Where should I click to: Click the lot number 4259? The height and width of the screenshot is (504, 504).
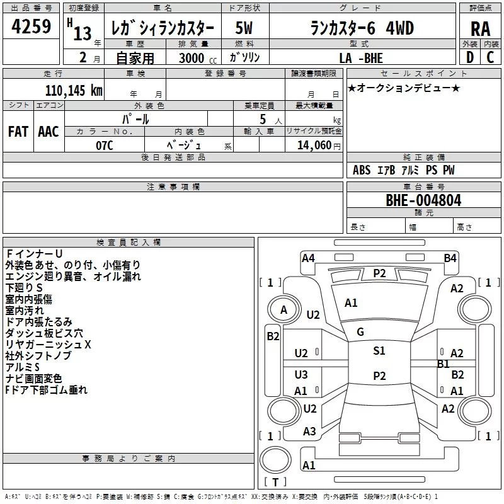click(31, 26)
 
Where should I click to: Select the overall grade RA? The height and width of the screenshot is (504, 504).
click(480, 29)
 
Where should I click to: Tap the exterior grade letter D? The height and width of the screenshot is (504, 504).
click(470, 57)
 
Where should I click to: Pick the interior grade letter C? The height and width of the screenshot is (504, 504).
click(490, 57)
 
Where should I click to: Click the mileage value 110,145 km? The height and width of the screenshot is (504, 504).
click(74, 91)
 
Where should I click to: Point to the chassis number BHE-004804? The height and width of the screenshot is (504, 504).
click(423, 200)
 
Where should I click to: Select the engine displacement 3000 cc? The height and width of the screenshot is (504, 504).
click(198, 58)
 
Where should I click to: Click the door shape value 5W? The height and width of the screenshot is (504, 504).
click(244, 28)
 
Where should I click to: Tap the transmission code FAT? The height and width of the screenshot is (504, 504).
click(18, 132)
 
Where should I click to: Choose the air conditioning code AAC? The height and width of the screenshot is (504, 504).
click(49, 132)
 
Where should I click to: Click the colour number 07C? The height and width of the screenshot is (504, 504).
click(105, 146)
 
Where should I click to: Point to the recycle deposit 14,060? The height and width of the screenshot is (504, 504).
click(314, 146)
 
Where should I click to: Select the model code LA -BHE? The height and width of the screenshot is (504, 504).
click(361, 58)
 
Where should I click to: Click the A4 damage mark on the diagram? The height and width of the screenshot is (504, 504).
click(308, 258)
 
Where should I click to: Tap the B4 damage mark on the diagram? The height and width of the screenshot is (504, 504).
click(450, 258)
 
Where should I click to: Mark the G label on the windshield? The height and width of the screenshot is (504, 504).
click(360, 332)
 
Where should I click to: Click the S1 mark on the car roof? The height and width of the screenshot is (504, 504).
click(379, 351)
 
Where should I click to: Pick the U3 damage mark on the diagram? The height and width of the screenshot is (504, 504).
click(301, 374)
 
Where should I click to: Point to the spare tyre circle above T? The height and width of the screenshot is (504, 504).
click(275, 460)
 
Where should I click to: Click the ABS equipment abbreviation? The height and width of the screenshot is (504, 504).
click(362, 170)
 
